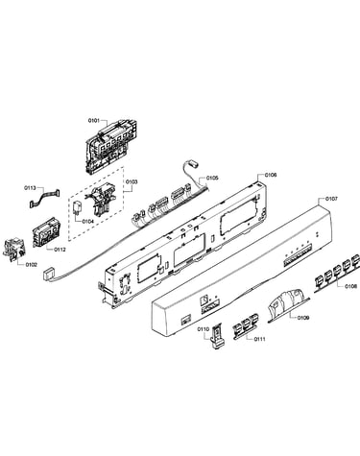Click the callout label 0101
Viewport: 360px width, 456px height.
(x=94, y=121)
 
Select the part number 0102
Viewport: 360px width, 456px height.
(x=32, y=265)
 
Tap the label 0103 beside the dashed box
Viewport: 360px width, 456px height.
(x=132, y=181)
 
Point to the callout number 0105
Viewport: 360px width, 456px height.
(x=212, y=178)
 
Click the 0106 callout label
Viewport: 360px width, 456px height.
(x=271, y=175)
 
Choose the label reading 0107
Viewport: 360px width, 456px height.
(x=331, y=199)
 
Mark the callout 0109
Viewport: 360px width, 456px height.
(x=302, y=318)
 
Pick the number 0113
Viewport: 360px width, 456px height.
(x=31, y=188)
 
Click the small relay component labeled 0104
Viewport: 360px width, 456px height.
(x=78, y=206)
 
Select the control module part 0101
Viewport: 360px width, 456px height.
(x=110, y=146)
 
